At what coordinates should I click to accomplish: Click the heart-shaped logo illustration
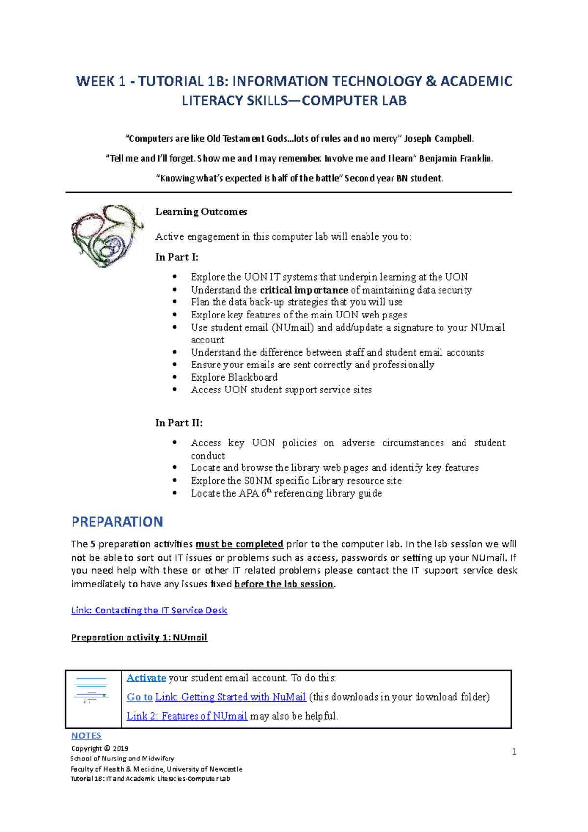pyautogui.click(x=107, y=236)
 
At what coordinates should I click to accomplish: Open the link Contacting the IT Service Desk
pyautogui.click(x=149, y=611)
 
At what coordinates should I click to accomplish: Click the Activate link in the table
pyautogui.click(x=146, y=678)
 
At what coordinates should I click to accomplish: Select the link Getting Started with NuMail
pyautogui.click(x=230, y=697)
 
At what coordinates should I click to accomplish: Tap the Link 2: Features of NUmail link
pyautogui.click(x=187, y=716)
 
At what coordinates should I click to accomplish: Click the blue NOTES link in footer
pyautogui.click(x=86, y=736)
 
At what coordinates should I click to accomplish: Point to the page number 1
pyautogui.click(x=514, y=752)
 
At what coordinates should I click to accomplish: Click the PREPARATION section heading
pyautogui.click(x=117, y=522)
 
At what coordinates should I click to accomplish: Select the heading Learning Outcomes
pyautogui.click(x=201, y=212)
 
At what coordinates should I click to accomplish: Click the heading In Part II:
pyautogui.click(x=179, y=423)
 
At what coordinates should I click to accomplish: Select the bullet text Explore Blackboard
pyautogui.click(x=234, y=377)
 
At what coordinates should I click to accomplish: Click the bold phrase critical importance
pyautogui.click(x=304, y=290)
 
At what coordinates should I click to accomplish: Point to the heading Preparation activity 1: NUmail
pyautogui.click(x=139, y=637)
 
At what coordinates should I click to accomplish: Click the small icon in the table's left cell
pyautogui.click(x=92, y=690)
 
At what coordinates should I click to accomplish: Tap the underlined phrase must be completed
pyautogui.click(x=239, y=544)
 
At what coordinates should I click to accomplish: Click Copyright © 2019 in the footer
pyautogui.click(x=100, y=749)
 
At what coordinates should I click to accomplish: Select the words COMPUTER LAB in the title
pyautogui.click(x=354, y=101)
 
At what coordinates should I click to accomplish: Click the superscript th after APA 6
pyautogui.click(x=269, y=490)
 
